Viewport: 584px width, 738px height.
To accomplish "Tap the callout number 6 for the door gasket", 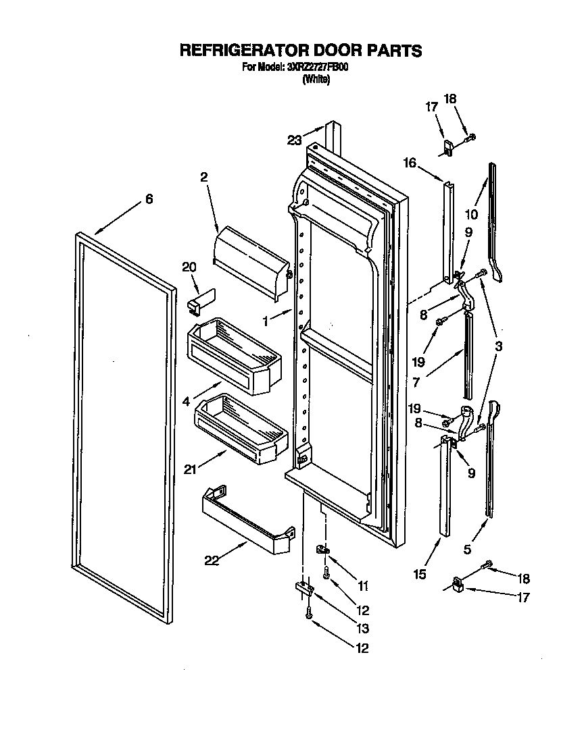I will pyautogui.click(x=149, y=199).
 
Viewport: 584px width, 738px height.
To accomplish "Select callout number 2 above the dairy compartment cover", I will pyautogui.click(x=203, y=177).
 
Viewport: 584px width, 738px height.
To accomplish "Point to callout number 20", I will pyautogui.click(x=189, y=267).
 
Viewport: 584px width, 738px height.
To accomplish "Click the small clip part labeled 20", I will pyautogui.click(x=200, y=300).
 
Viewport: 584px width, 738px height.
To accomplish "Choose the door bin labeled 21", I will pyautogui.click(x=240, y=429).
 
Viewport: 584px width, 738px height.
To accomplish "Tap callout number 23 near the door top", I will pyautogui.click(x=293, y=140).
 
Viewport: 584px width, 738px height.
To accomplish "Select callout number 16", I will pyautogui.click(x=410, y=163).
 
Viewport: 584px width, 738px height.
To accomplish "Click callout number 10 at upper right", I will pyautogui.click(x=471, y=215).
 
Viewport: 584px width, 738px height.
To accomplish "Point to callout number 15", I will pyautogui.click(x=420, y=574).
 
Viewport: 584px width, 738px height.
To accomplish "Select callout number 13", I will pyautogui.click(x=362, y=629).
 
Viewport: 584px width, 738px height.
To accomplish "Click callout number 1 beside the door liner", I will pyautogui.click(x=268, y=322).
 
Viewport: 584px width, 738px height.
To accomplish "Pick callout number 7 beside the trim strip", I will pyautogui.click(x=416, y=382).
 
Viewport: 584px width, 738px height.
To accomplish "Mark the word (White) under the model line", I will pyautogui.click(x=316, y=79).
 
